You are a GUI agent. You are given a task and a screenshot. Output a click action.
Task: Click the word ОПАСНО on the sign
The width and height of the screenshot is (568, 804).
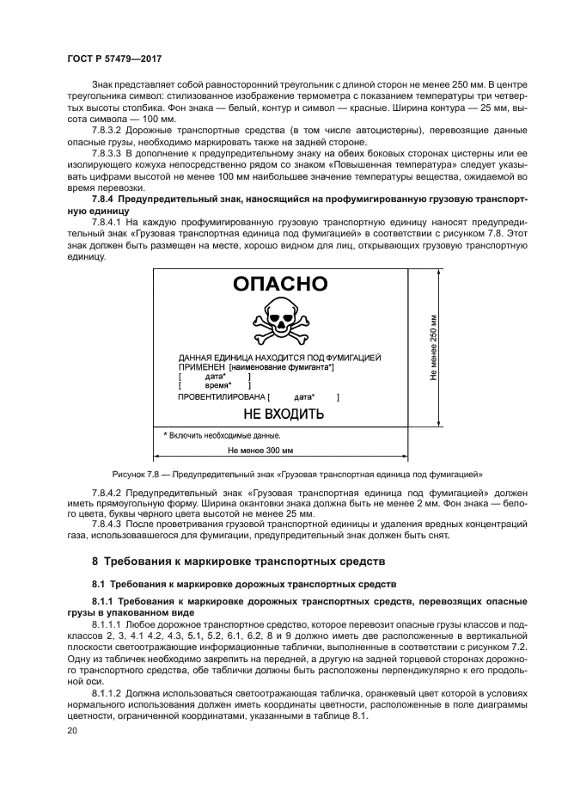280,285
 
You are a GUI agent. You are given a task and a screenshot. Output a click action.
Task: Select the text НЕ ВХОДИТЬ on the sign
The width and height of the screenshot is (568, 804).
284,414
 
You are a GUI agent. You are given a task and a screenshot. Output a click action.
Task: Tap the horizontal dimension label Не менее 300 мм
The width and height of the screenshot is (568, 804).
260,450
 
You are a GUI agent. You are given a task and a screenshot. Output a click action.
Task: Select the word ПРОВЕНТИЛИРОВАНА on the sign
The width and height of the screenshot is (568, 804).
221,397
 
